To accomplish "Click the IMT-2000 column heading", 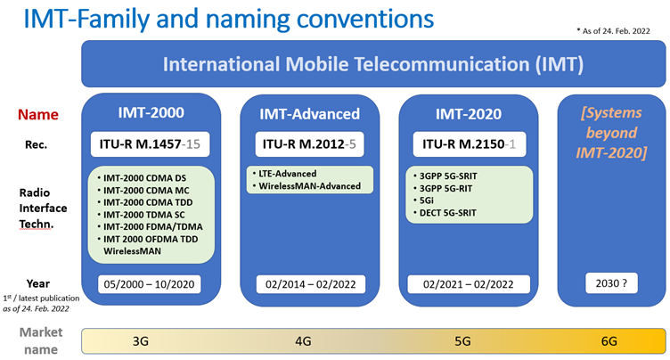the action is (x=151, y=112).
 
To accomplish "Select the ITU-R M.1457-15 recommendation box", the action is (x=150, y=144).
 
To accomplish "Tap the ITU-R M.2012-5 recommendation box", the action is (x=309, y=144).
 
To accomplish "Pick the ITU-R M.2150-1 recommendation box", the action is (x=469, y=144).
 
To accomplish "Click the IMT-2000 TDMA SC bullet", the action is (x=144, y=215).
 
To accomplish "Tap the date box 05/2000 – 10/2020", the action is (x=149, y=284).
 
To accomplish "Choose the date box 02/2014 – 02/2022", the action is (x=311, y=284).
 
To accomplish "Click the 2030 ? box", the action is (x=611, y=283).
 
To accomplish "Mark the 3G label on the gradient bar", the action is (x=141, y=341).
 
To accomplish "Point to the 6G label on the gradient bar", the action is (x=609, y=341).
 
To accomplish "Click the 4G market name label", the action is (x=303, y=341).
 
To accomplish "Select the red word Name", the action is (x=38, y=115).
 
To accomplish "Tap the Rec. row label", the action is (x=36, y=145).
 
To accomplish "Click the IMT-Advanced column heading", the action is (x=310, y=114).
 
